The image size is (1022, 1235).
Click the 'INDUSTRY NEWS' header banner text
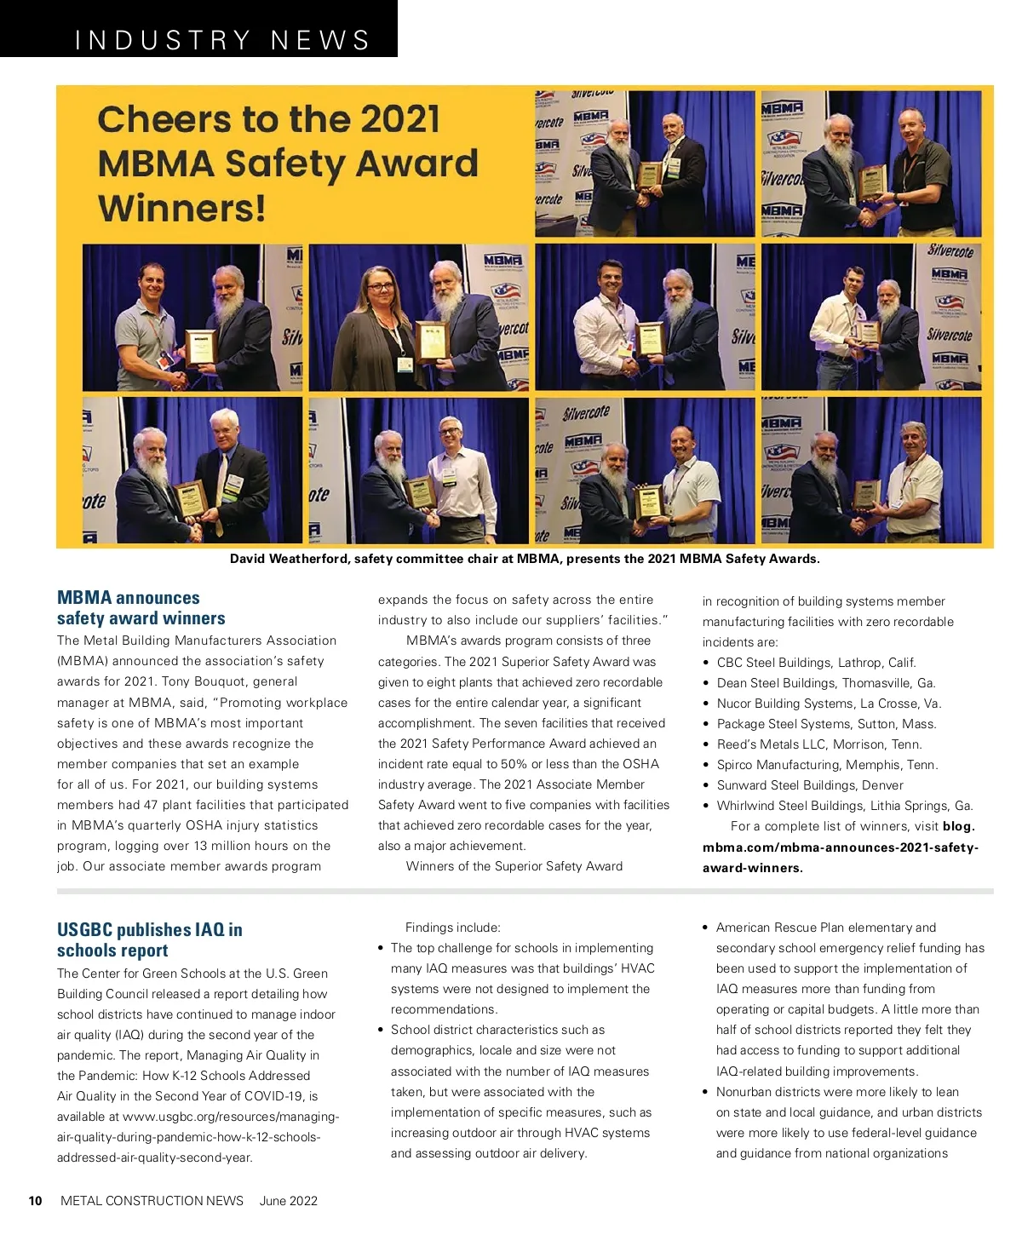click(222, 40)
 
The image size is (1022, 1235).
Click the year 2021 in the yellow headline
click(399, 119)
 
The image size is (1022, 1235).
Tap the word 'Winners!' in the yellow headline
click(181, 208)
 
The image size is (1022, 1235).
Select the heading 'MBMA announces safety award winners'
click(141, 608)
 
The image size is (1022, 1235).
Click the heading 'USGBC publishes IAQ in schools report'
click(149, 939)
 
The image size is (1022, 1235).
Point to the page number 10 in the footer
click(35, 1201)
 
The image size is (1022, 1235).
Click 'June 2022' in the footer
click(288, 1201)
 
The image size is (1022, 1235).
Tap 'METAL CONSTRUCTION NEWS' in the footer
click(152, 1201)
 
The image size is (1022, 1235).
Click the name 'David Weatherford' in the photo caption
click(288, 559)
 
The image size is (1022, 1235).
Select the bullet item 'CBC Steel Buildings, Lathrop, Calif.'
click(816, 663)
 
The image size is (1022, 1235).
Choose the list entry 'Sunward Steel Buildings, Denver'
click(809, 785)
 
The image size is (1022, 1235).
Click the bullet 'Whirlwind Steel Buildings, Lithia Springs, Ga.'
click(844, 806)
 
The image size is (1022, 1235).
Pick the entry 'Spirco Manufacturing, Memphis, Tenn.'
click(827, 765)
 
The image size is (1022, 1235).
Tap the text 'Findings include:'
click(453, 928)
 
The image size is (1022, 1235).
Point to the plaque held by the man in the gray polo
click(201, 347)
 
